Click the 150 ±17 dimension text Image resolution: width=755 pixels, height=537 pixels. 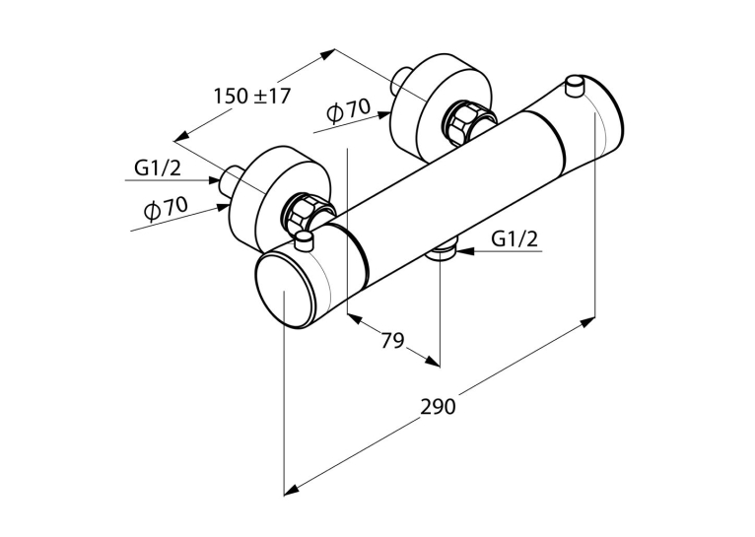pos(252,96)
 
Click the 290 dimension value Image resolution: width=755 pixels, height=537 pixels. pos(438,407)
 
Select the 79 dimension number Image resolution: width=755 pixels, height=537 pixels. pos(392,341)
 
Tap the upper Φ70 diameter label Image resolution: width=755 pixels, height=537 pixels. pos(348,110)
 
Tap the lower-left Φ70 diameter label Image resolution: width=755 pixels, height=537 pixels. pos(166,208)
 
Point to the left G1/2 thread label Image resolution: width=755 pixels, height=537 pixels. pos(158,168)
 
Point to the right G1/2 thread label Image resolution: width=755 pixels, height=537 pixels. pos(515,238)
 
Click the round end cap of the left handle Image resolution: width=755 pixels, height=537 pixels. pos(283,292)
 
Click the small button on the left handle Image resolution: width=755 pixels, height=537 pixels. pos(305,240)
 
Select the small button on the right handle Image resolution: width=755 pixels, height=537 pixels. pos(575,86)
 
